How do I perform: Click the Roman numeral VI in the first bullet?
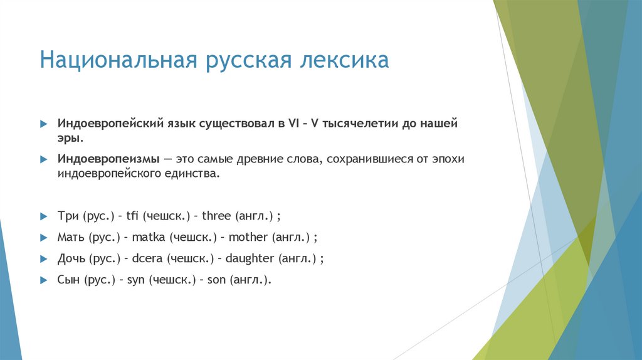[x=293, y=124]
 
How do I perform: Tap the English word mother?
[x=248, y=238]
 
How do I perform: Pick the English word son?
[x=217, y=280]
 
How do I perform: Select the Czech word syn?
[x=136, y=280]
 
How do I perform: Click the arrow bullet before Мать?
[x=43, y=238]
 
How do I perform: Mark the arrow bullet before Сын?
[x=43, y=280]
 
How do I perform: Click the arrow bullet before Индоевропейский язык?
[x=43, y=124]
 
